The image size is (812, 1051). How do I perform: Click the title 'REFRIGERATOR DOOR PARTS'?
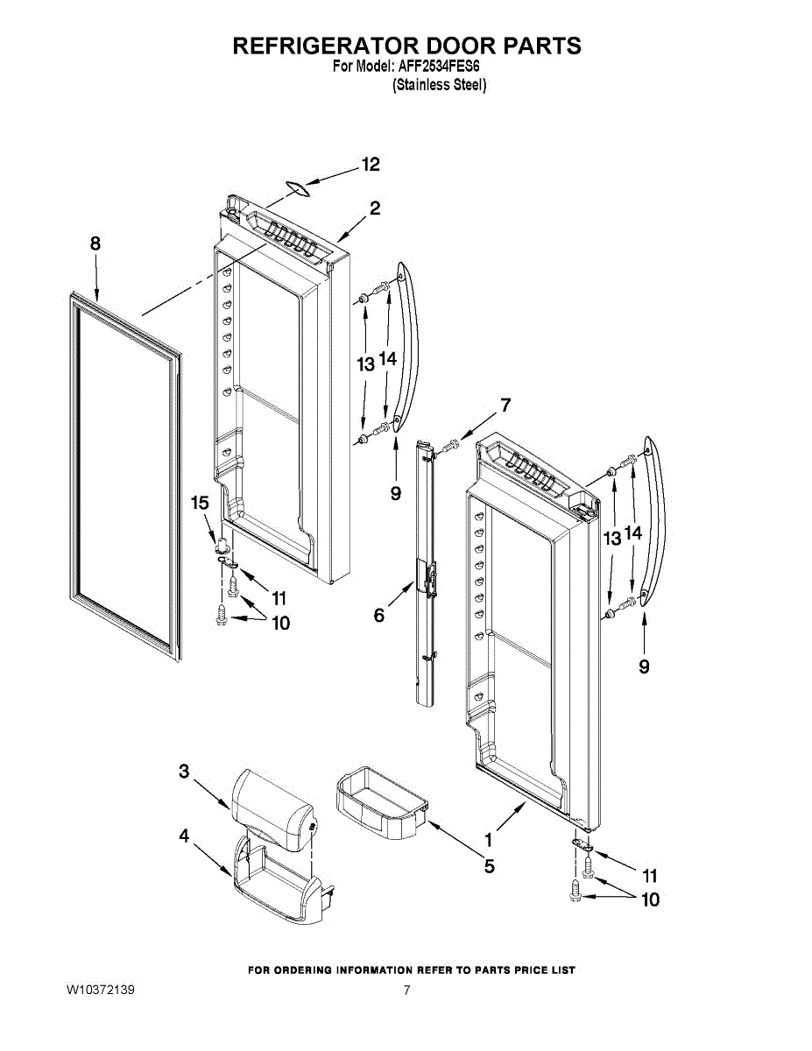(x=406, y=46)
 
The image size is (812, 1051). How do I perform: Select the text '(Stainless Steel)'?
(x=439, y=85)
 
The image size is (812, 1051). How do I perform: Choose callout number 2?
(x=374, y=208)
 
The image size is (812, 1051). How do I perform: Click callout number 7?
(x=505, y=405)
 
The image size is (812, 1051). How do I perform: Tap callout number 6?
(x=378, y=616)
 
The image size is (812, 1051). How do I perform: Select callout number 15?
(x=200, y=502)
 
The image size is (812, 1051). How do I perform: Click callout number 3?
(x=184, y=771)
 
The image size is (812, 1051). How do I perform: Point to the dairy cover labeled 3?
(x=272, y=801)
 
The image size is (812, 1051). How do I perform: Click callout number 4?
(x=184, y=836)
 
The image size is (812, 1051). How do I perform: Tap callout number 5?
(x=489, y=867)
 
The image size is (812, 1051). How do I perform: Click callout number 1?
(x=488, y=838)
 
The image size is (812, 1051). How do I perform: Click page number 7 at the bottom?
(x=406, y=991)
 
